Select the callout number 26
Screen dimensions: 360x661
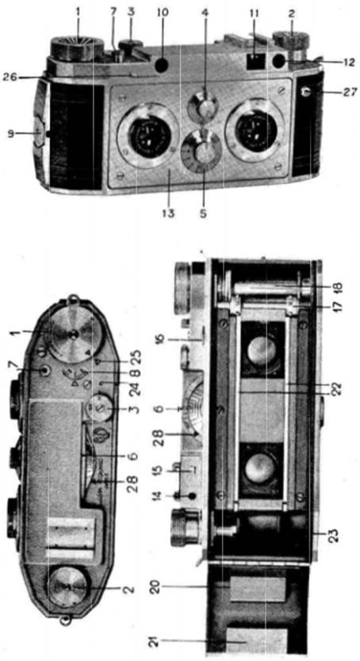pos(11,77)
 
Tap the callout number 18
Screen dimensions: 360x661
pos(338,286)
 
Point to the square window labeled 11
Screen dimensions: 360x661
pos(254,60)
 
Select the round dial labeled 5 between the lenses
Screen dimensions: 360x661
pos(201,152)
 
